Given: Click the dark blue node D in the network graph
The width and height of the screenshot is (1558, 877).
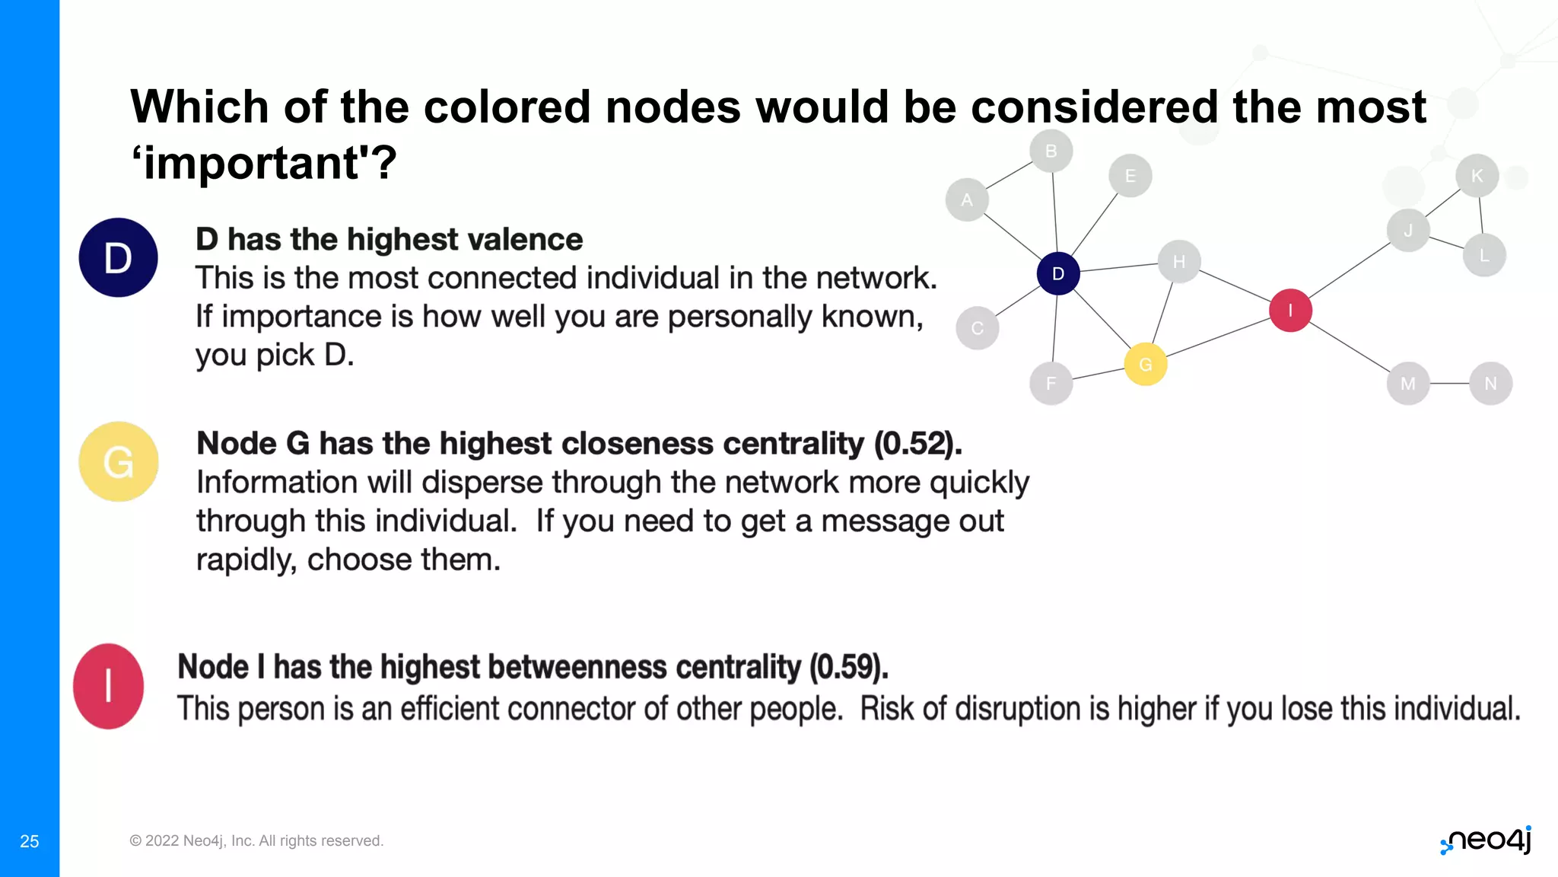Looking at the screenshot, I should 1057,273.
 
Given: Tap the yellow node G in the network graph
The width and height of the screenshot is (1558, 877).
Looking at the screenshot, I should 1145,365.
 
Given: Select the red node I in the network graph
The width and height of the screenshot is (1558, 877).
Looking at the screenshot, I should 1290,311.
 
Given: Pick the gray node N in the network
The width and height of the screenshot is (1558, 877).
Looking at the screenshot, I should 1490,384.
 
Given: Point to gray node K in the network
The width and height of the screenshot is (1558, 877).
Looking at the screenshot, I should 1477,176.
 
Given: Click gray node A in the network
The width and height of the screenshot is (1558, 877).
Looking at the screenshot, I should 967,199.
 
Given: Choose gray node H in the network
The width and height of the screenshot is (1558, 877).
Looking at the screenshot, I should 1178,262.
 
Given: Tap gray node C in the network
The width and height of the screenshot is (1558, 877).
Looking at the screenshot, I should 978,328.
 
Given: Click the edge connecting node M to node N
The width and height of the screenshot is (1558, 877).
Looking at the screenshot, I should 1449,384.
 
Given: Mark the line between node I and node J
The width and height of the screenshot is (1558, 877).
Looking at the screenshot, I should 1349,270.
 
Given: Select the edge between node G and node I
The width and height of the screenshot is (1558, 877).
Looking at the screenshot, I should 1217,337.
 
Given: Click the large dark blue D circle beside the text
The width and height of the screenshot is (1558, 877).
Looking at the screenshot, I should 118,257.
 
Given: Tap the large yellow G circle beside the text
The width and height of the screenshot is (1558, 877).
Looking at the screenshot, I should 119,461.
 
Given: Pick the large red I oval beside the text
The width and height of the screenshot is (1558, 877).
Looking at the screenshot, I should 109,686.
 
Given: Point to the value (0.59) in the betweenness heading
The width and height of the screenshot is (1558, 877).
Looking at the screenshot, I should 848,668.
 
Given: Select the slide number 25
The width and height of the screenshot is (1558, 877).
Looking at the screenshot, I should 30,841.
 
